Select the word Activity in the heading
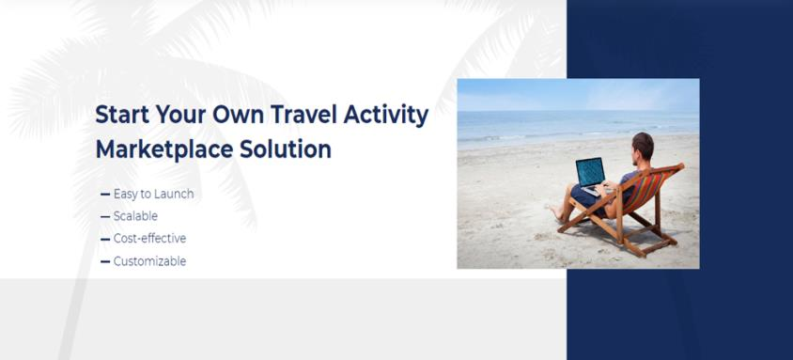pos(388,116)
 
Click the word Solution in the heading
pos(288,149)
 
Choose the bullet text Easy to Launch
pos(153,194)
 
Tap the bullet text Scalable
pos(135,216)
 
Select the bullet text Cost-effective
pos(149,239)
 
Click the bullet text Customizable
pos(149,261)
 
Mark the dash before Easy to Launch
pos(104,195)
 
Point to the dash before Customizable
pos(104,262)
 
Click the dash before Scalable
pos(104,217)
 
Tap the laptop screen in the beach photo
pos(589,171)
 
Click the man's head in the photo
pos(643,146)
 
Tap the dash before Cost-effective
pos(104,240)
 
